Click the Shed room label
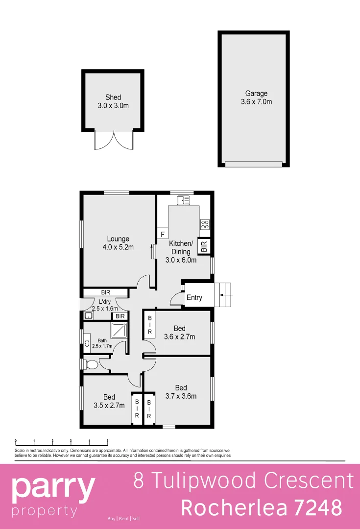coord(113,97)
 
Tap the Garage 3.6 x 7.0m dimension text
coord(256,102)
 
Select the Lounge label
coord(118,239)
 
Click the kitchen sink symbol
coord(184,199)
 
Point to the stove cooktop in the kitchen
coord(205,225)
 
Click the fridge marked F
coord(162,234)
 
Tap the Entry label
coord(194,297)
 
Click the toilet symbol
coord(91,364)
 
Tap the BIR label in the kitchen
coord(204,246)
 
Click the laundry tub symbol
coord(89,316)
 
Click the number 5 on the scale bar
coord(107,441)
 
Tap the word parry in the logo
coord(53,487)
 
